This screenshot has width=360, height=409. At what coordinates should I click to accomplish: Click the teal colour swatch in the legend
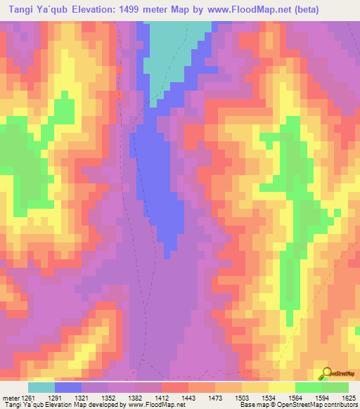tap(41, 387)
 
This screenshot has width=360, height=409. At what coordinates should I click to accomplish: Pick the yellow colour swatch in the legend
tap(281, 387)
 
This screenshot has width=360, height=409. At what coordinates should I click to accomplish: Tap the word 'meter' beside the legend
tap(10, 398)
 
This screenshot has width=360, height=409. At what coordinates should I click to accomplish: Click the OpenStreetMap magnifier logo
tap(326, 372)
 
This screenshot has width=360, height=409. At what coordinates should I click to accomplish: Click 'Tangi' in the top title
tap(18, 10)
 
